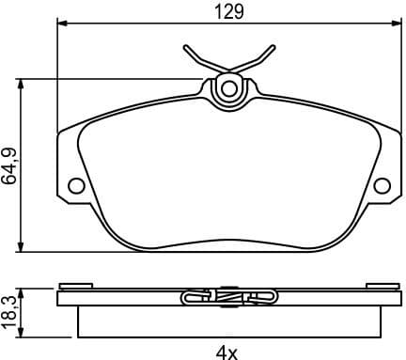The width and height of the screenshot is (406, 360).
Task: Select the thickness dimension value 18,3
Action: click(10, 311)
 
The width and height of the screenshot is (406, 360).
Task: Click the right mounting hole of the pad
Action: click(382, 185)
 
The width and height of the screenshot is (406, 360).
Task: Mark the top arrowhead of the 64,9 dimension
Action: click(23, 83)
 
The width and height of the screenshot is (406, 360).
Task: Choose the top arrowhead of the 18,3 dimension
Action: click(23, 290)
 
